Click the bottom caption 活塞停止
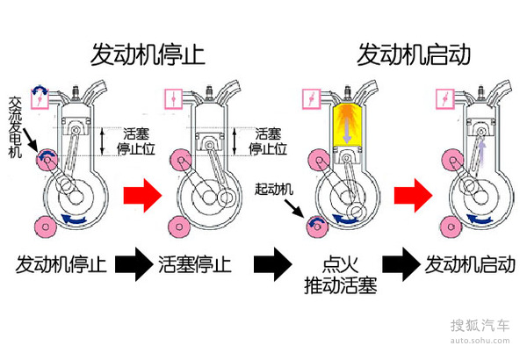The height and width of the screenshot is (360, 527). [x=203, y=263]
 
